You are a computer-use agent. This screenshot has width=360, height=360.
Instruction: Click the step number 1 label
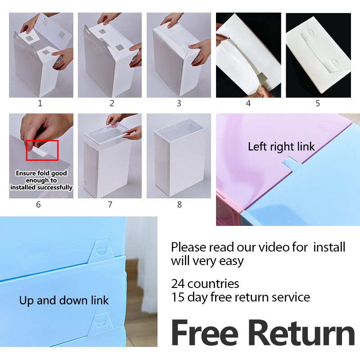40,103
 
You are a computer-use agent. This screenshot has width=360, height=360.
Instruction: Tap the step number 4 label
248,103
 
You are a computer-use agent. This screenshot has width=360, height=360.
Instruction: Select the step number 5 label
318,103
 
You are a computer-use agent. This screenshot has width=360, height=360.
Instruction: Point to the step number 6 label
38,204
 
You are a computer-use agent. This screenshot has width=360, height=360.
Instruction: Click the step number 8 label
180,204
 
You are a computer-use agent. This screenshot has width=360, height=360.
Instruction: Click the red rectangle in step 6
42,150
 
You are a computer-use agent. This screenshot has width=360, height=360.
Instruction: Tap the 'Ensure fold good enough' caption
41,180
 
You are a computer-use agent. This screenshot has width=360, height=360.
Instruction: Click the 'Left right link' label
281,147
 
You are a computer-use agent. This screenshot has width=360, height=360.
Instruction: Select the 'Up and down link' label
64,300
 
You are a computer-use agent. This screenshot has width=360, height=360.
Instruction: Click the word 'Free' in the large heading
205,333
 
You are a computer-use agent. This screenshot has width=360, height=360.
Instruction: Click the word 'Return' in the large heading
301,333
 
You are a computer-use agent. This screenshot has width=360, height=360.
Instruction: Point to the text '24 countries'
205,284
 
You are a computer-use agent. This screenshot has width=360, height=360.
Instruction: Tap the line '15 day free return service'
240,297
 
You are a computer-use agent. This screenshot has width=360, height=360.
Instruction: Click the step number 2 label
112,103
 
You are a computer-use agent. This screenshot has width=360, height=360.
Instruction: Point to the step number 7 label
110,204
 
